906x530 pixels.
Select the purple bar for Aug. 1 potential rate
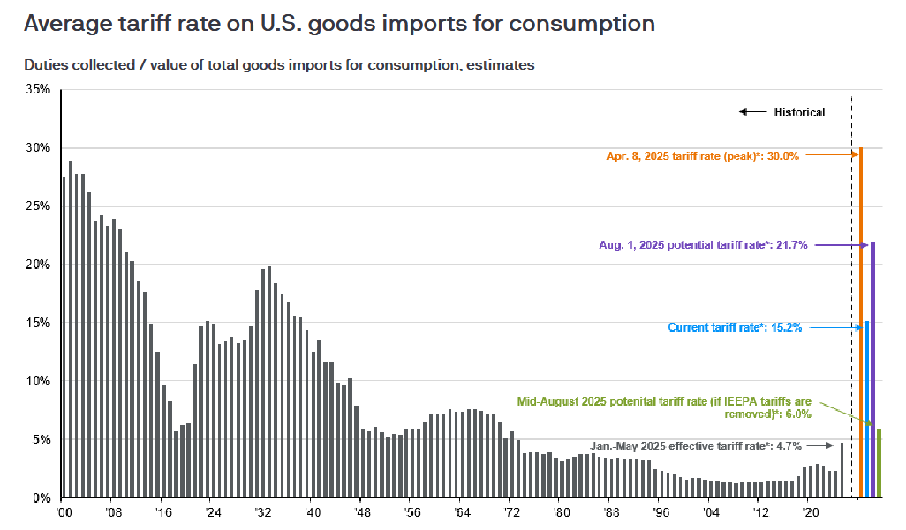[873, 370]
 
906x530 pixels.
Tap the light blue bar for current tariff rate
[867, 409]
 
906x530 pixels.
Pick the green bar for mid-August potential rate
[879, 463]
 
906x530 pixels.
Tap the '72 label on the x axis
[510, 511]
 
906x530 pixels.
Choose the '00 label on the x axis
[63, 511]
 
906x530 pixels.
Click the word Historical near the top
[799, 112]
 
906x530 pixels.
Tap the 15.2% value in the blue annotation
[784, 328]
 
